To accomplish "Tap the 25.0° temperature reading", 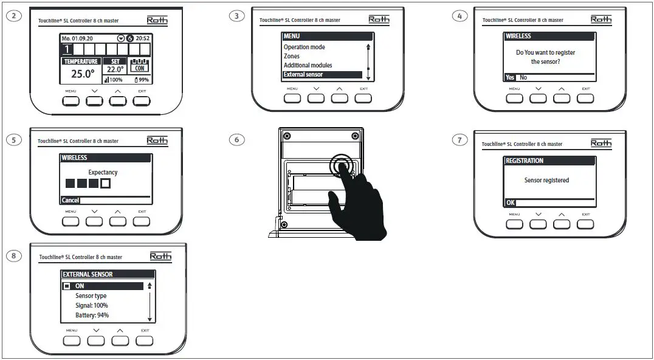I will [x=82, y=74].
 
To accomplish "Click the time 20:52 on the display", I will [x=142, y=38].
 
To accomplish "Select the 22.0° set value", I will [x=115, y=70].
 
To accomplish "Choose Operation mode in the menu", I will [x=304, y=47].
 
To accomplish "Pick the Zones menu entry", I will [x=292, y=57].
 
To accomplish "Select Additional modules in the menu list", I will [x=308, y=66].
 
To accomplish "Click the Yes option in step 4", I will [x=509, y=78].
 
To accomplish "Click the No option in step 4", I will [x=523, y=78].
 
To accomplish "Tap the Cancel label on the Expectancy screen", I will [x=70, y=201].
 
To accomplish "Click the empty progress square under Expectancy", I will [x=106, y=183].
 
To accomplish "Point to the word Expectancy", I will [x=103, y=173].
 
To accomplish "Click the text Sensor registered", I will [x=546, y=181].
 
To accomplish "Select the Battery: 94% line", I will [x=92, y=316].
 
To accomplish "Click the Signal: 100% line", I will [x=92, y=306].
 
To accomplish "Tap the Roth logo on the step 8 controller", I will [x=160, y=257].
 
